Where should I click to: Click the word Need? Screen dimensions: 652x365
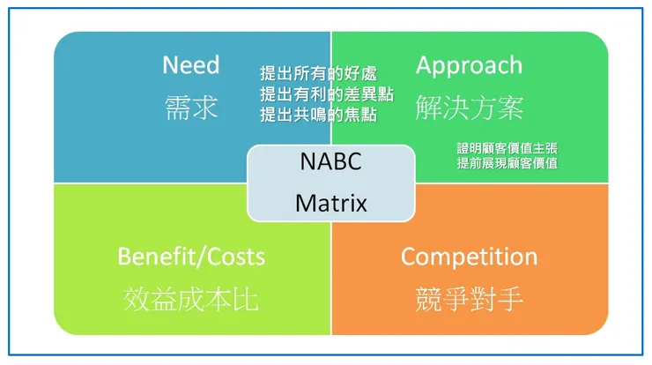pyautogui.click(x=191, y=65)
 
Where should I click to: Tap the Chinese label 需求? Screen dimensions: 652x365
pyautogui.click(x=191, y=108)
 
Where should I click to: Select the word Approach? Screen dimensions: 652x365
pyautogui.click(x=469, y=66)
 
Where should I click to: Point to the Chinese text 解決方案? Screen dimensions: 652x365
pyautogui.click(x=470, y=108)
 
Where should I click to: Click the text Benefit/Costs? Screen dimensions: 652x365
pyautogui.click(x=191, y=257)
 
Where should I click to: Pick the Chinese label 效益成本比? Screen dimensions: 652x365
pyautogui.click(x=191, y=299)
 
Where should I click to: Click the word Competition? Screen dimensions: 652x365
pyautogui.click(x=469, y=257)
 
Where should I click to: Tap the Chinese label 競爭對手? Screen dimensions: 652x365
pyautogui.click(x=469, y=299)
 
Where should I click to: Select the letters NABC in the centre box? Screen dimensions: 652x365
pyautogui.click(x=331, y=161)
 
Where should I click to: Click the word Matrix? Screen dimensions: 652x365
pyautogui.click(x=331, y=203)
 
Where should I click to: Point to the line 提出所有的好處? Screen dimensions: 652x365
pyautogui.click(x=319, y=74)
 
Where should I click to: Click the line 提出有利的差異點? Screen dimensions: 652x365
pyautogui.click(x=327, y=94)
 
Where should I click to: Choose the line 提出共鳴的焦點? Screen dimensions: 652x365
pyautogui.click(x=319, y=115)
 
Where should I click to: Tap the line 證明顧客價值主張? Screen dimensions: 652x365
pyautogui.click(x=508, y=148)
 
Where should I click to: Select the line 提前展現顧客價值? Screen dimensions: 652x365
pyautogui.click(x=508, y=163)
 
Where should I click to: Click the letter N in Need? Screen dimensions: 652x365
pyautogui.click(x=170, y=65)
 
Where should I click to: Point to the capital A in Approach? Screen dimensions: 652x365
pyautogui.click(x=425, y=65)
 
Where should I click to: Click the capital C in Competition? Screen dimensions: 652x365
pyautogui.click(x=409, y=257)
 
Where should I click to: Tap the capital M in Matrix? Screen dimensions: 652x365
pyautogui.click(x=306, y=203)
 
